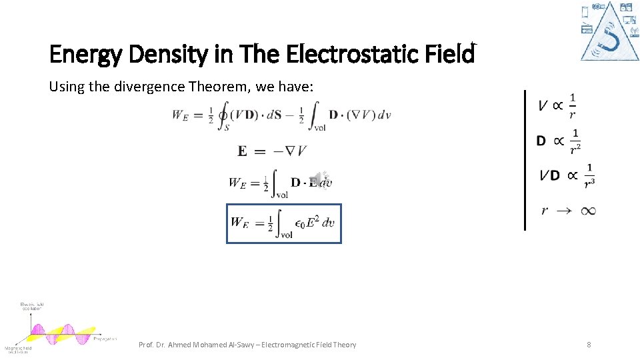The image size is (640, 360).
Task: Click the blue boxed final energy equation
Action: coord(283,223)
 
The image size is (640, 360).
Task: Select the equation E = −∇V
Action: coord(272,151)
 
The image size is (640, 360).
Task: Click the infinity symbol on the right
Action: coord(587,211)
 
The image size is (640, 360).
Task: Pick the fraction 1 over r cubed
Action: coord(589,175)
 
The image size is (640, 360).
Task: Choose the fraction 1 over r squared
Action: coord(575,140)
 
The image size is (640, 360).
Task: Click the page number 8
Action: coord(589,345)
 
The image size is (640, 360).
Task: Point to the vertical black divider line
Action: coord(525,160)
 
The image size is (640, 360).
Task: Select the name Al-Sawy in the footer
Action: coord(241,345)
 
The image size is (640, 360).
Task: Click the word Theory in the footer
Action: coord(343,345)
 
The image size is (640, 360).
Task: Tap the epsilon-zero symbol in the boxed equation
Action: coord(302,225)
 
